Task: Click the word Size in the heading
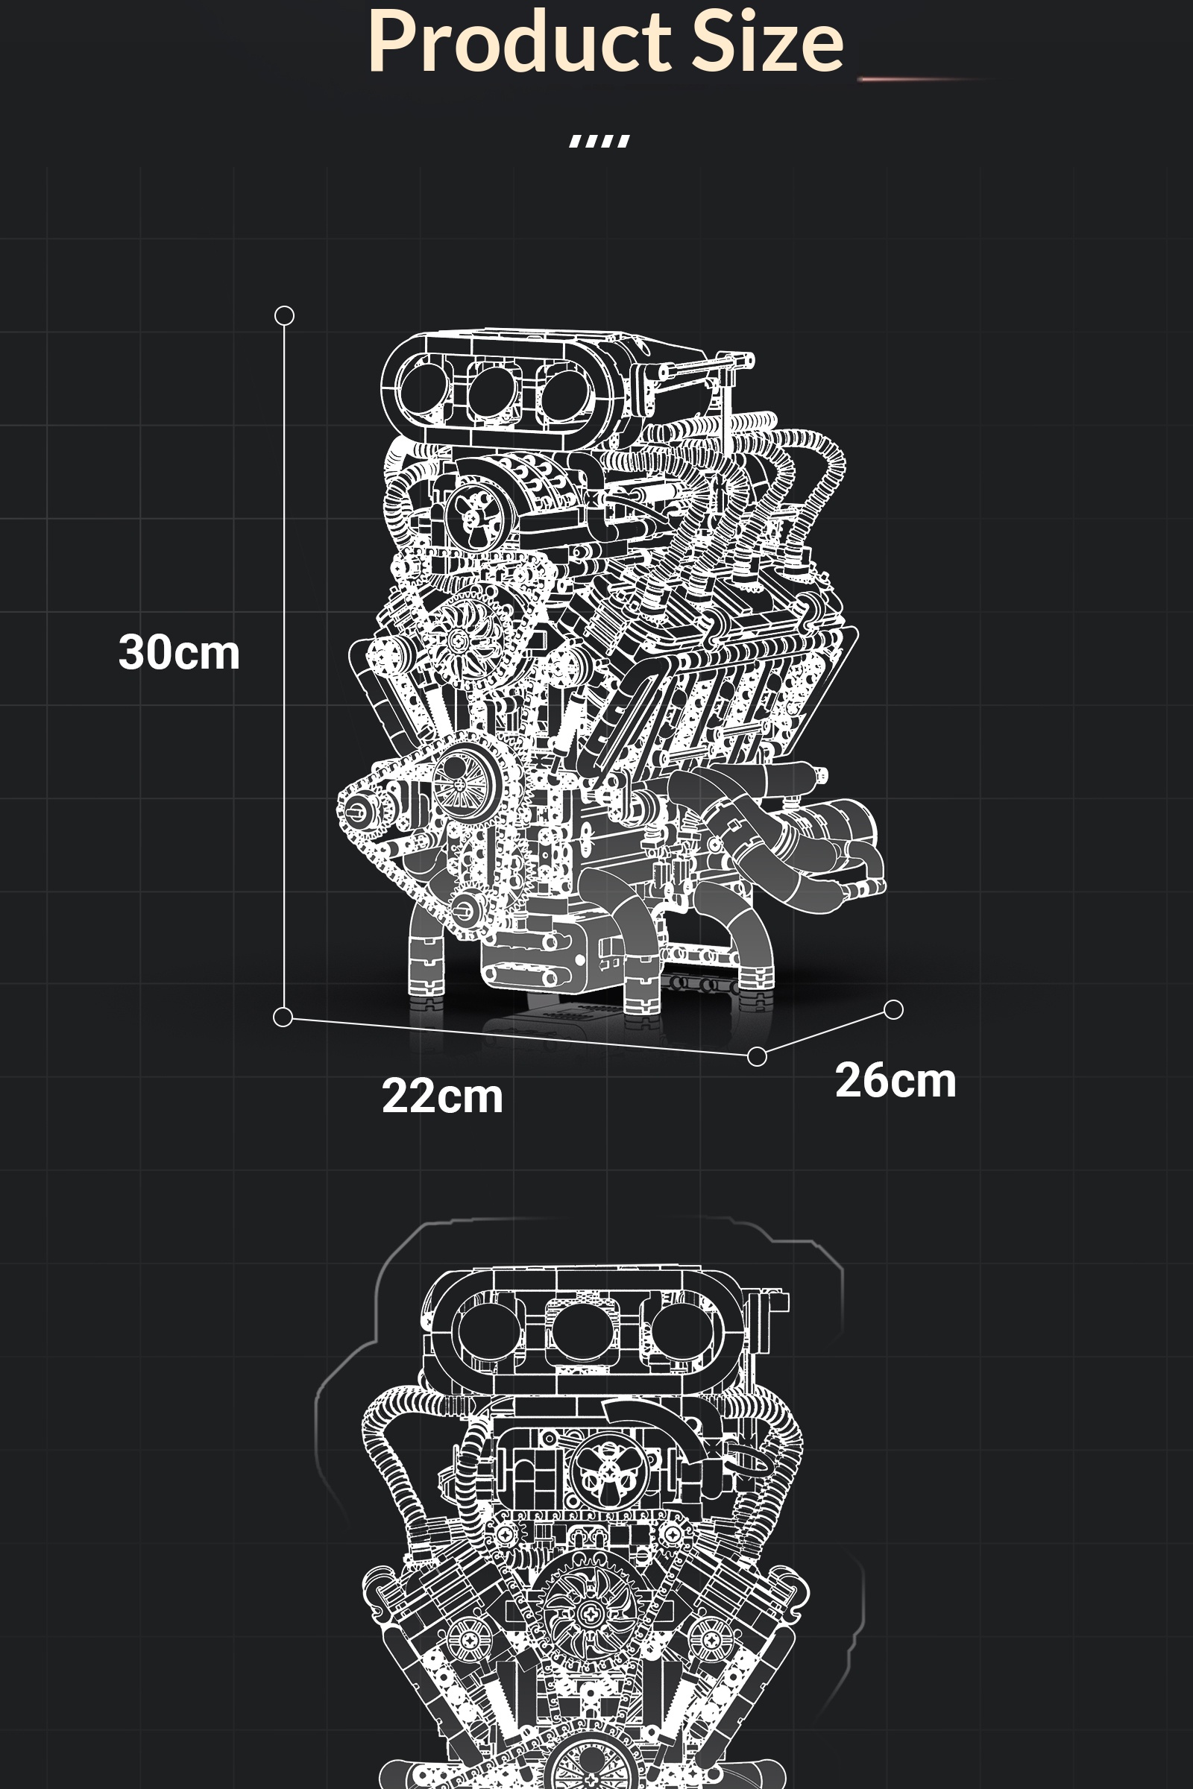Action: pyautogui.click(x=769, y=42)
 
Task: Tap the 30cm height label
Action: pyautogui.click(x=179, y=653)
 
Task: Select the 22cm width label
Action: pyautogui.click(x=442, y=1096)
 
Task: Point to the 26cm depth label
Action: pyautogui.click(x=895, y=1080)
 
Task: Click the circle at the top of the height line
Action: pyautogui.click(x=284, y=315)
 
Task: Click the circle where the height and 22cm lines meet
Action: pyautogui.click(x=283, y=1017)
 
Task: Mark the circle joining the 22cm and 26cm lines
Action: pyautogui.click(x=757, y=1056)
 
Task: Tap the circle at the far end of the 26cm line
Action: pyautogui.click(x=894, y=1009)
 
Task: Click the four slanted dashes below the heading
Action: pyautogui.click(x=599, y=142)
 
